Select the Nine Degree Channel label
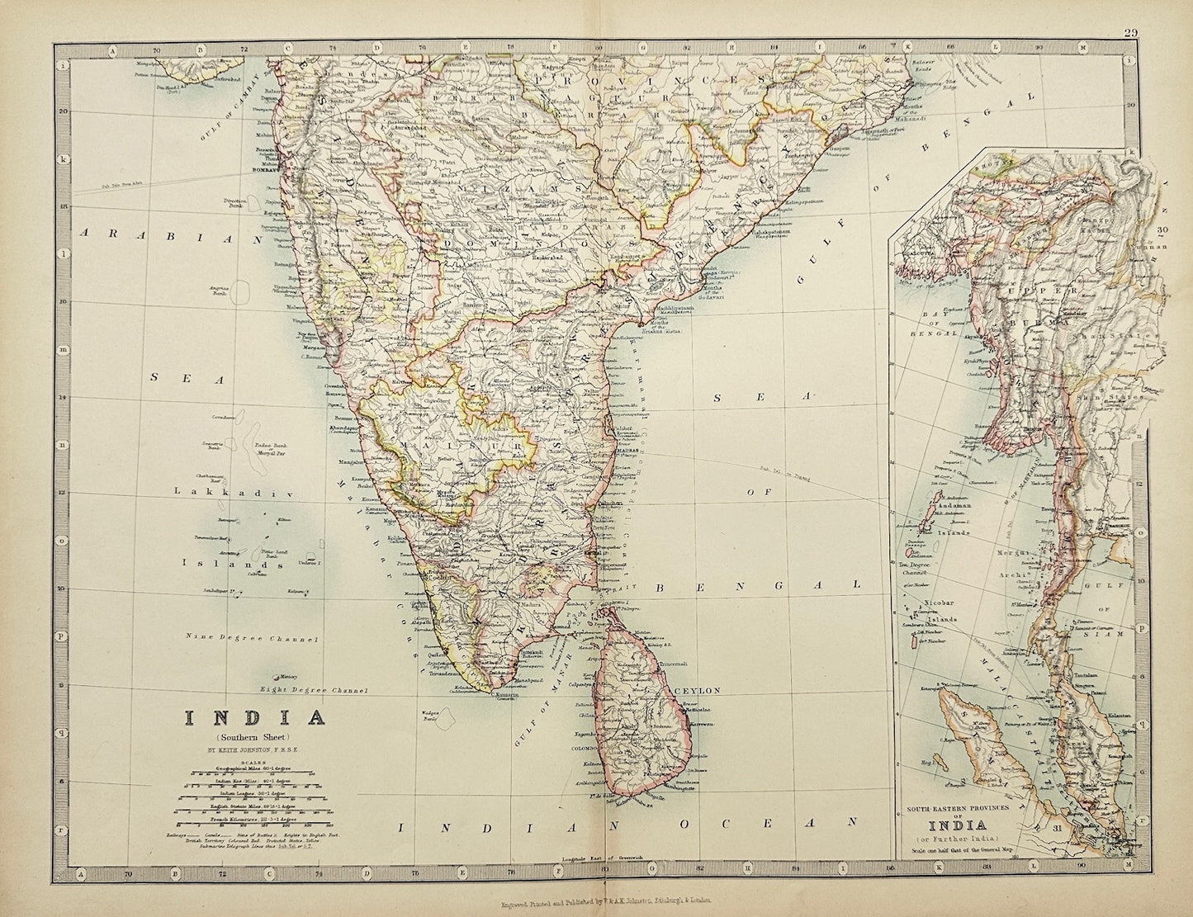point(240,637)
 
